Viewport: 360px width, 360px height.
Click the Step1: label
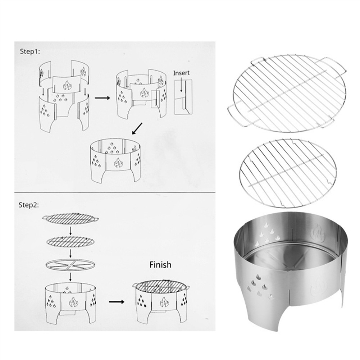coord(30,51)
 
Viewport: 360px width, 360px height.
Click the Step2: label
coord(29,205)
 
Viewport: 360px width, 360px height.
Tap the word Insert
coord(181,73)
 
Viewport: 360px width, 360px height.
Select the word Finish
coord(160,265)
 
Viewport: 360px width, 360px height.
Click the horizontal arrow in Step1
coord(102,98)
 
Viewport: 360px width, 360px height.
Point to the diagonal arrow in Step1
coord(137,129)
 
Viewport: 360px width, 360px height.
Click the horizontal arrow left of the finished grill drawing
coord(117,301)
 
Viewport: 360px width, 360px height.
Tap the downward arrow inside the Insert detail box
coord(181,85)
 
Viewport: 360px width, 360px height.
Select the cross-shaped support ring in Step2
coord(70,265)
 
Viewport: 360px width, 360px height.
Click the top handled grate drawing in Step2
coord(70,218)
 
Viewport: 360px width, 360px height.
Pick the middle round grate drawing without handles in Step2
coord(70,242)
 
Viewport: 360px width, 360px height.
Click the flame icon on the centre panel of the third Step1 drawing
coord(119,163)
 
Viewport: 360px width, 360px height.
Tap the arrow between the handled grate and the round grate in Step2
coord(70,230)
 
